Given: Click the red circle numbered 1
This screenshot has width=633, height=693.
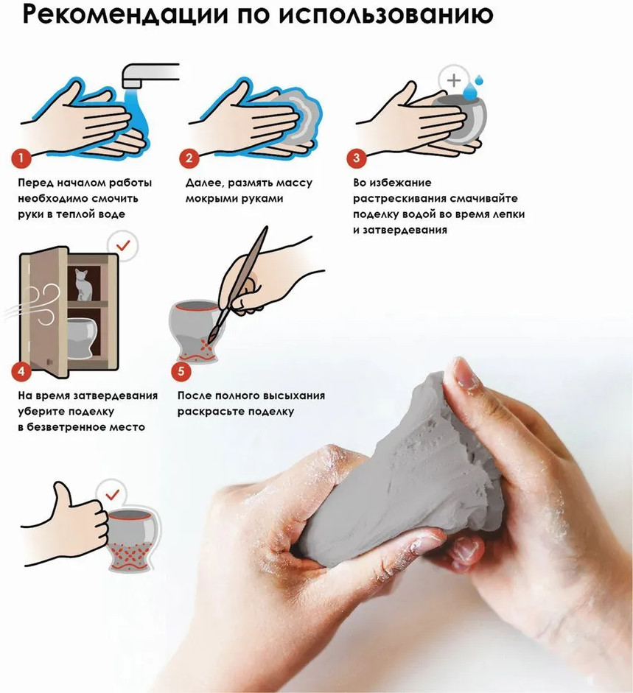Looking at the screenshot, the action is click(21, 158).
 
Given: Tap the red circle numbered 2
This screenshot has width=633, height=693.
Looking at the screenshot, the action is click(189, 158).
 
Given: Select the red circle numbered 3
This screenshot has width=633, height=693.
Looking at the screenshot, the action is click(357, 158).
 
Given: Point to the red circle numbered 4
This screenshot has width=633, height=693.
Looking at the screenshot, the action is click(21, 371).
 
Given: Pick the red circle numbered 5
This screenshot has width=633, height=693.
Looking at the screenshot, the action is click(181, 371).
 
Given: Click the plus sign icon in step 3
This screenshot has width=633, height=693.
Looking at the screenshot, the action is click(454, 80).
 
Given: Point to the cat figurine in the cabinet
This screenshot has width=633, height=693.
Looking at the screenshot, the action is click(83, 284).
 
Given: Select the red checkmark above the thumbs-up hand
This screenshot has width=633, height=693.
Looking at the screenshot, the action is click(112, 494).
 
